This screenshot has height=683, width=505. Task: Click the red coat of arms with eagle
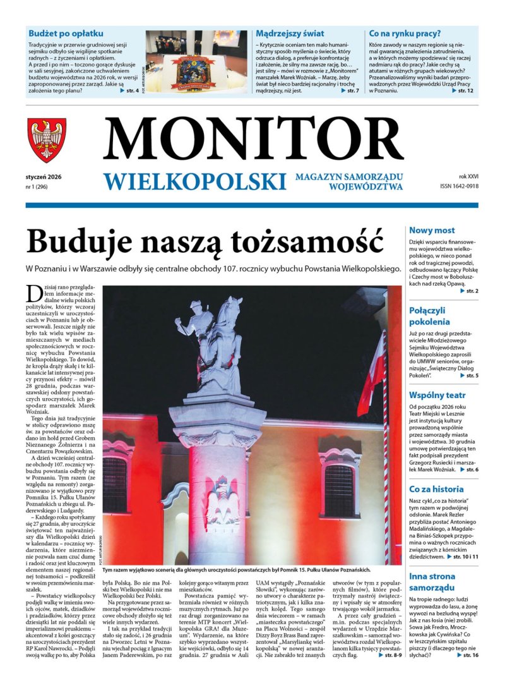pyautogui.click(x=47, y=140)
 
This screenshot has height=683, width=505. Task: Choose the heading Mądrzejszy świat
pyautogui.click(x=290, y=33)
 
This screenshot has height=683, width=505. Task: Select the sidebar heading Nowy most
pyautogui.click(x=432, y=231)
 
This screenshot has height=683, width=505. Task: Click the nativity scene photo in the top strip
pyautogui.click(x=196, y=62)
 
